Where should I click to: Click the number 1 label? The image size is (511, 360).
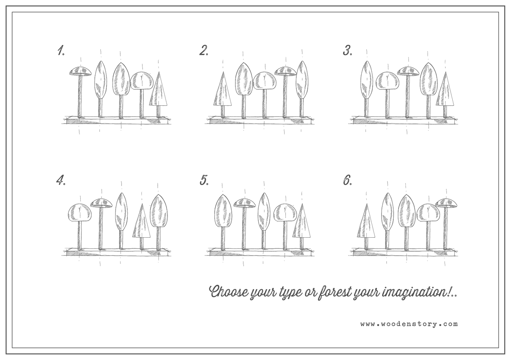[x=61, y=51]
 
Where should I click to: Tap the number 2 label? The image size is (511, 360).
[x=204, y=51]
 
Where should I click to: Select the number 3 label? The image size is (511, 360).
[x=347, y=51]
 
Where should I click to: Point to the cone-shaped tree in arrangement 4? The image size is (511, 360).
[x=141, y=226]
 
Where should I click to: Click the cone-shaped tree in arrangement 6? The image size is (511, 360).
[x=366, y=226]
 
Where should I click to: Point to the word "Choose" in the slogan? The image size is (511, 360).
[x=229, y=291]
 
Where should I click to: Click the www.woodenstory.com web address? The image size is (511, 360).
[x=409, y=324]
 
